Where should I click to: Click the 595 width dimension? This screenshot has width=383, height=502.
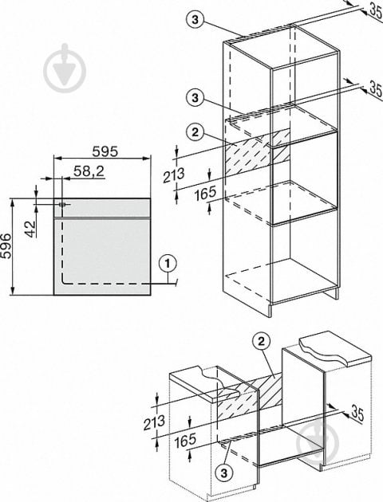pyautogui.click(x=105, y=151)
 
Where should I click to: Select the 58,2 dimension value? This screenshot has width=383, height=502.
pyautogui.click(x=89, y=171)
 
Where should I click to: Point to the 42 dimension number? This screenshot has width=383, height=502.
pyautogui.click(x=31, y=229)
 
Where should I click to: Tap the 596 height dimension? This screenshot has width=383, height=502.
pyautogui.click(x=6, y=246)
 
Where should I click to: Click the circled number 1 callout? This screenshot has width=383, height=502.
pyautogui.click(x=168, y=264)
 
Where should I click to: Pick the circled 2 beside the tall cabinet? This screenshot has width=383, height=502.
pyautogui.click(x=195, y=132)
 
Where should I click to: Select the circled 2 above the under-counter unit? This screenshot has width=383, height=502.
pyautogui.click(x=261, y=342)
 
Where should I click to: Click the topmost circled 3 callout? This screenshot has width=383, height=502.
pyautogui.click(x=195, y=20)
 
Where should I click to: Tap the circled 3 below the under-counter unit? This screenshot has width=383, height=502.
pyautogui.click(x=223, y=473)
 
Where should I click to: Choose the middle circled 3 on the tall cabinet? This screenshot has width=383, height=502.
pyautogui.click(x=195, y=97)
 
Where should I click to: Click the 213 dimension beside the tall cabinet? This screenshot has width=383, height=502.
pyautogui.click(x=174, y=175)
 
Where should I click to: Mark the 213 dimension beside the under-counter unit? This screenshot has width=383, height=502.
pyautogui.click(x=154, y=422)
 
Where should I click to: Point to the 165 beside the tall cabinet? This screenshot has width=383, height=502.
pyautogui.click(x=205, y=194)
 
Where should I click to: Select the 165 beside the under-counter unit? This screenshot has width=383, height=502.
pyautogui.click(x=185, y=441)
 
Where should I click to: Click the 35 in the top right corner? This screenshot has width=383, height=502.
pyautogui.click(x=377, y=9)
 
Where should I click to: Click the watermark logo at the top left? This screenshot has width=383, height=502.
pyautogui.click(x=65, y=68)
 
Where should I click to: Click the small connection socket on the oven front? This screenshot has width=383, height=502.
pyautogui.click(x=62, y=204)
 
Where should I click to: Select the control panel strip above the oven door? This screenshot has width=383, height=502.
pyautogui.click(x=102, y=208)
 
